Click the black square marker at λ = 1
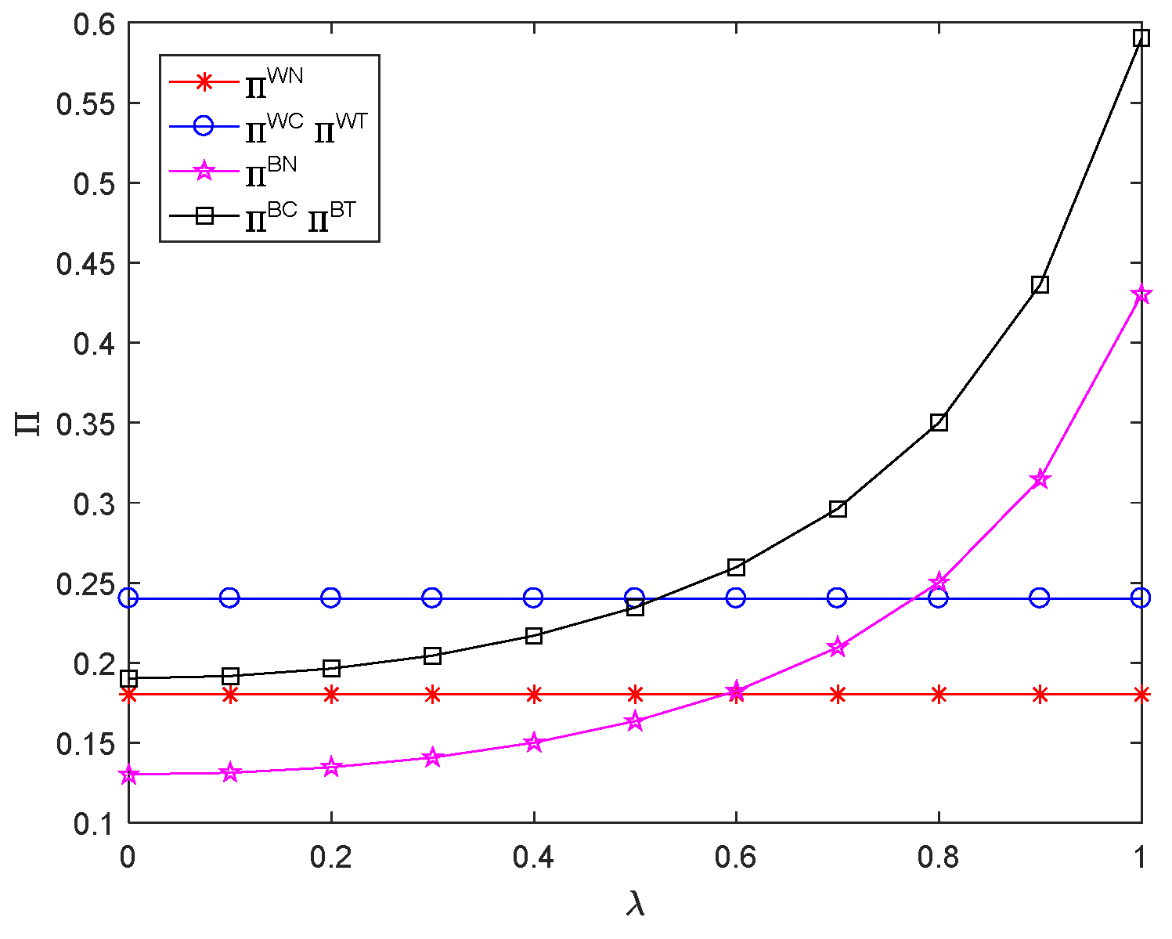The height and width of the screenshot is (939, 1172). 1141,38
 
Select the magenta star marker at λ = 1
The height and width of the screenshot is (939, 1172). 1141,294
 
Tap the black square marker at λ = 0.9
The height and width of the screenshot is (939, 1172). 1040,284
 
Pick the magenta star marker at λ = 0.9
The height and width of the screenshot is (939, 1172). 1040,479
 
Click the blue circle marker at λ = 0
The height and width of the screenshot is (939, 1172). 128,598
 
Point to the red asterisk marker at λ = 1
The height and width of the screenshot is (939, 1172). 1141,694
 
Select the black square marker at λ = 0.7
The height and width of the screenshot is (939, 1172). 838,509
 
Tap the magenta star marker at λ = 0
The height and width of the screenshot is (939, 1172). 128,775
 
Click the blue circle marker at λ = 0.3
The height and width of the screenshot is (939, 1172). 432,598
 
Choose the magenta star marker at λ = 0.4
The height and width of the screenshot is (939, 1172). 534,742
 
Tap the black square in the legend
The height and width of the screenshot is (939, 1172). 204,215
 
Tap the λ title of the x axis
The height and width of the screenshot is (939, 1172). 636,905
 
